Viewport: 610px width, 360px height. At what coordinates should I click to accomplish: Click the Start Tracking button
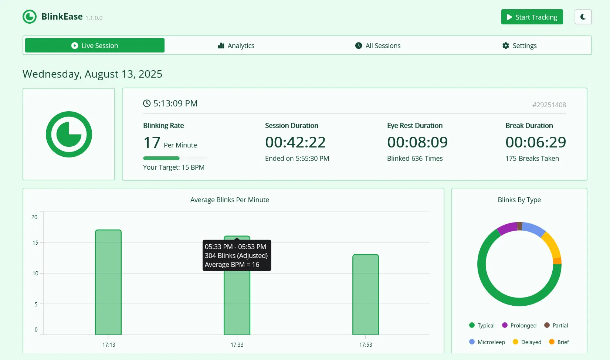[x=532, y=17]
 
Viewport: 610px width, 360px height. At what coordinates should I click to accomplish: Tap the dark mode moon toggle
[x=583, y=17]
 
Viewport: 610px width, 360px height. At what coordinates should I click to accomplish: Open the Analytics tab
[x=236, y=45]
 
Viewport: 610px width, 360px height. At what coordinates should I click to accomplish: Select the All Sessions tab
[x=378, y=45]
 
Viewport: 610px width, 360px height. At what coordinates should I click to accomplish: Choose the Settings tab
[x=519, y=45]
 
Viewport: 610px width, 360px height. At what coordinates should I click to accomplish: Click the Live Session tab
[x=95, y=45]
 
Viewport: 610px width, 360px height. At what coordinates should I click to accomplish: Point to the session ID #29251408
[x=549, y=105]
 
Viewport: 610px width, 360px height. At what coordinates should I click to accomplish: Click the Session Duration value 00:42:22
[x=295, y=142]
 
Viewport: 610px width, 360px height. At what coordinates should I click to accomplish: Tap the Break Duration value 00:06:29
[x=536, y=142]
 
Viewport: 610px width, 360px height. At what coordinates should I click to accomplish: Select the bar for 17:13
[x=108, y=282]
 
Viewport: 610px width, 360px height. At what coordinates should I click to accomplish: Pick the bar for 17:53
[x=366, y=294]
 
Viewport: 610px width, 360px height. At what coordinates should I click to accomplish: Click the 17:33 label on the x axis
[x=237, y=345]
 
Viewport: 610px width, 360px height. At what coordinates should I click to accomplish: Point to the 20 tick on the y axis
[x=34, y=217]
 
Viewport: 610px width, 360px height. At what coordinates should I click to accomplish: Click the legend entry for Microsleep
[x=487, y=342]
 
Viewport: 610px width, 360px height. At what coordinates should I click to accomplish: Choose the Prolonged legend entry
[x=519, y=325]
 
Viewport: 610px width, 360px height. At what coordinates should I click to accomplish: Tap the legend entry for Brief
[x=559, y=342]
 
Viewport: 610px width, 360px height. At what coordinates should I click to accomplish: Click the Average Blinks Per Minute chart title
[x=230, y=200]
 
